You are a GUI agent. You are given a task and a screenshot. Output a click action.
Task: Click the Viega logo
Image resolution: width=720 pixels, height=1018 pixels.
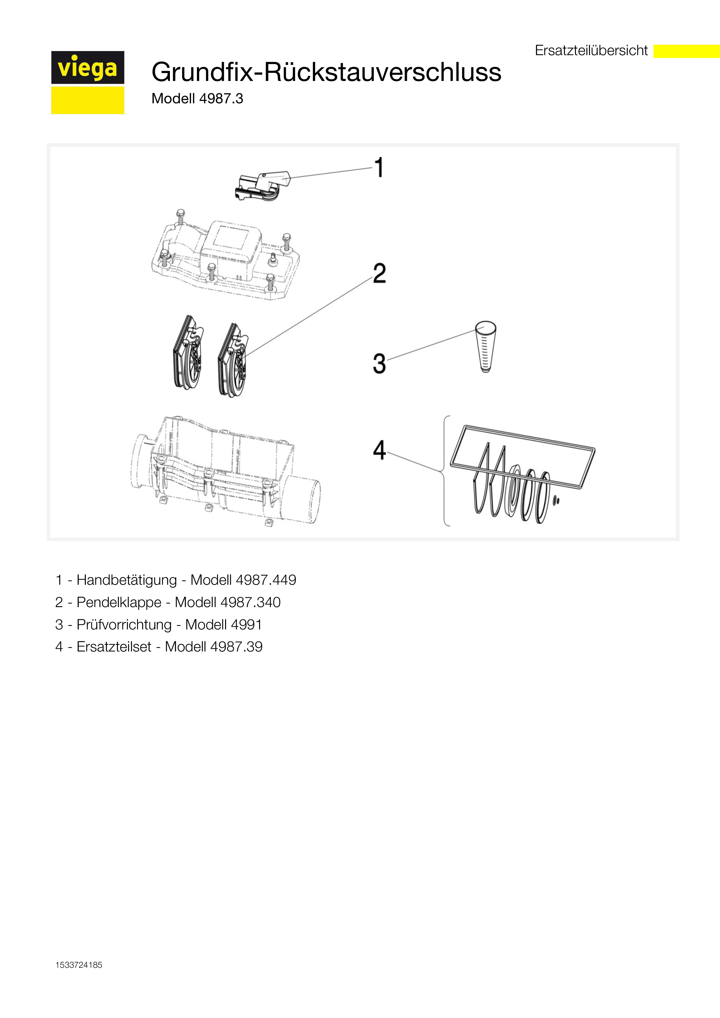coord(87,82)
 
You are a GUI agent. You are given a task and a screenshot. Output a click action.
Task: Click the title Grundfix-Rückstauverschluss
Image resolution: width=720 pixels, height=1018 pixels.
coord(326,72)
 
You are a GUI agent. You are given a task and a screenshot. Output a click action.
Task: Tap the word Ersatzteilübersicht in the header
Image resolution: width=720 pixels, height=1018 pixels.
coord(591,50)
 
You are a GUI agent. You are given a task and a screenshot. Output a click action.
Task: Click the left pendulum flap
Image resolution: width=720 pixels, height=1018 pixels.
coord(188,353)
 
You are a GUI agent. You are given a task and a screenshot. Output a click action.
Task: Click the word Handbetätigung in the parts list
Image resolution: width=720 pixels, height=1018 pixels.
coord(126,580)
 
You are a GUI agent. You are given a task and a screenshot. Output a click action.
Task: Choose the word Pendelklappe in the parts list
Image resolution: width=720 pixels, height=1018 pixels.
coord(119,602)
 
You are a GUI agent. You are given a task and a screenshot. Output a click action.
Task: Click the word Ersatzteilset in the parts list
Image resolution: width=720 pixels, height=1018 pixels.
coord(114,647)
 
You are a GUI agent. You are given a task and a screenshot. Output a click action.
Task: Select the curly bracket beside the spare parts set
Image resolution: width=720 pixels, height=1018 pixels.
coord(445,471)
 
